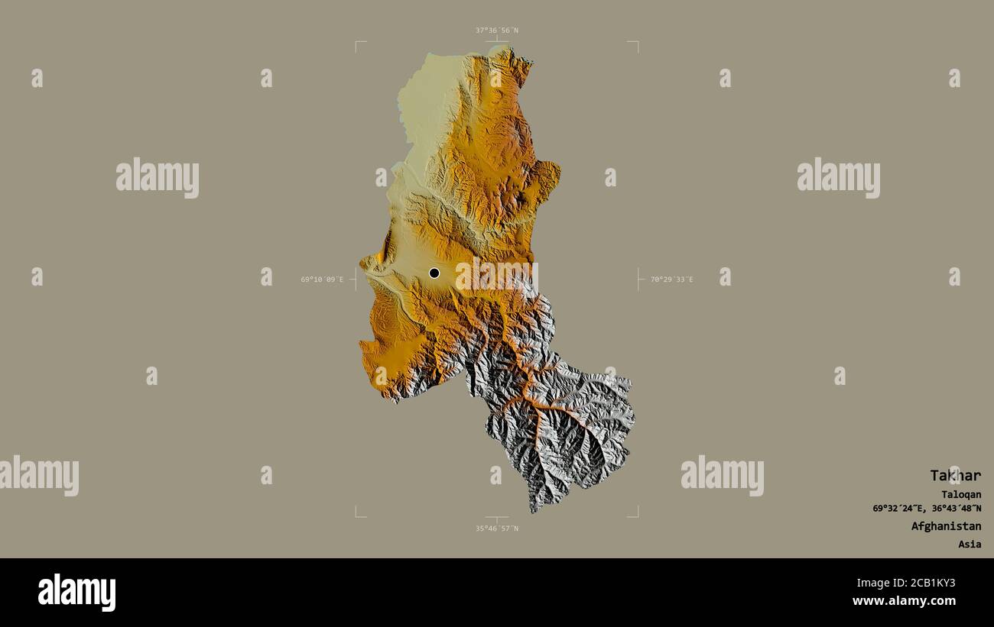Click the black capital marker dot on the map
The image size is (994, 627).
434,273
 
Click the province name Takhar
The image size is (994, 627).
955,475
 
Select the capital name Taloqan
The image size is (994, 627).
961,494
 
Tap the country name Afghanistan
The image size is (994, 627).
946,526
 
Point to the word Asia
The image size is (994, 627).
970,545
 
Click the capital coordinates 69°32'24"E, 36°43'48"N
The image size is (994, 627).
927,509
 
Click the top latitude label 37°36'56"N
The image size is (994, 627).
496,31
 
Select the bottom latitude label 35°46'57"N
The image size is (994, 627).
496,528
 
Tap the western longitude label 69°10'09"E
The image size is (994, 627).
322,280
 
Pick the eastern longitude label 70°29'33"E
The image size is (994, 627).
671,280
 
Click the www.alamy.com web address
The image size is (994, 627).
904,601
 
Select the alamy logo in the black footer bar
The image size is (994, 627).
76,593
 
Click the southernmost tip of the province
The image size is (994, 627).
534,511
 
